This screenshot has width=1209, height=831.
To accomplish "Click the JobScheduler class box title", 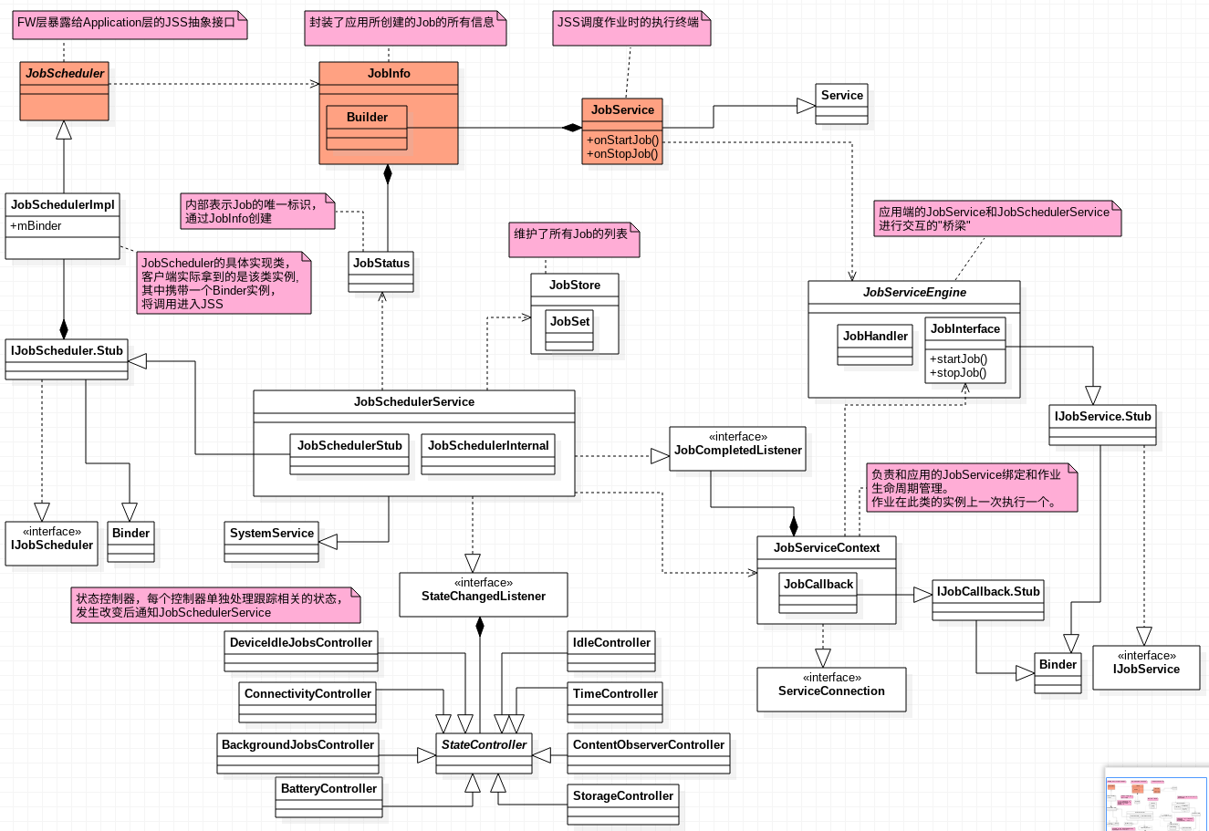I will (65, 74).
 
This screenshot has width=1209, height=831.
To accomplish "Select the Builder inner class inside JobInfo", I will (367, 118).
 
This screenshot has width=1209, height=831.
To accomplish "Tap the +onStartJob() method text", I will (623, 140).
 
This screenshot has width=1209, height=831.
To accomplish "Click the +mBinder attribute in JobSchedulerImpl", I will (36, 226).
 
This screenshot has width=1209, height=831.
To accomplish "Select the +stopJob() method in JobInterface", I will (958, 372).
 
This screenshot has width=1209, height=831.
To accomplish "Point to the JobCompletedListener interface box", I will (737, 449).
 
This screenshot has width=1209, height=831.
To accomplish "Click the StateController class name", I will (484, 745).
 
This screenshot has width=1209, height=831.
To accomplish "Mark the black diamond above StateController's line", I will (480, 626).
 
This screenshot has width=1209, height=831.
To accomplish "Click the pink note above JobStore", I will (575, 240).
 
